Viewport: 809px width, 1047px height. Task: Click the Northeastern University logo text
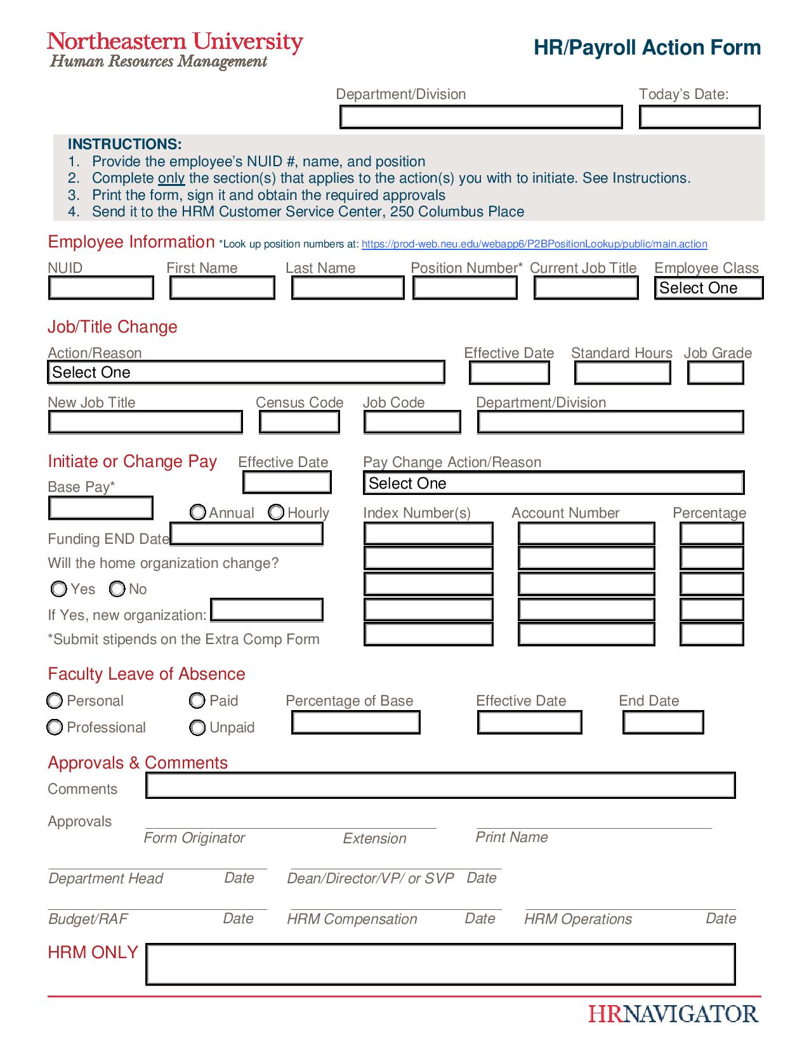pos(175,43)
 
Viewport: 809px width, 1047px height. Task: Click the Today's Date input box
pos(699,117)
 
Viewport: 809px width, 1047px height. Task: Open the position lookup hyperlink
pos(534,244)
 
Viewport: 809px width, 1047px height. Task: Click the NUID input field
pos(101,288)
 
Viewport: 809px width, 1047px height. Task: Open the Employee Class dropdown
pos(708,288)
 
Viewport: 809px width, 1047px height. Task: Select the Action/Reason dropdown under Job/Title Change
pos(246,372)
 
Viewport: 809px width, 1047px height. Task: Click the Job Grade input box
pos(715,373)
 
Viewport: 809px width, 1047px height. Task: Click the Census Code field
pos(299,422)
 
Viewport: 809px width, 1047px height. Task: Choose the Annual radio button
pos(198,512)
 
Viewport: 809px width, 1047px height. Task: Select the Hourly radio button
pos(276,512)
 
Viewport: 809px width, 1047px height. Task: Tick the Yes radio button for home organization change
pos(58,589)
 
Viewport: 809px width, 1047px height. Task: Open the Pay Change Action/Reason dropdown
pos(553,484)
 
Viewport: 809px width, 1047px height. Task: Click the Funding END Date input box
pos(246,534)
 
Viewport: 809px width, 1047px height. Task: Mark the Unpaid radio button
pos(197,727)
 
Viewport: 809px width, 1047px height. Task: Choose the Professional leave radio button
pos(55,727)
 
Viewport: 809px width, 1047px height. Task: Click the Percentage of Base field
pos(355,723)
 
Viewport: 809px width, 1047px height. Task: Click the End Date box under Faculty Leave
pos(663,723)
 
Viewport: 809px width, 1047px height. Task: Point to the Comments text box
pos(440,786)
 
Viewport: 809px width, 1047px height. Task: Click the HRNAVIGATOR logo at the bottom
pos(673,1013)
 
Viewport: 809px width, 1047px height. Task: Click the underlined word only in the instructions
pos(171,178)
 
